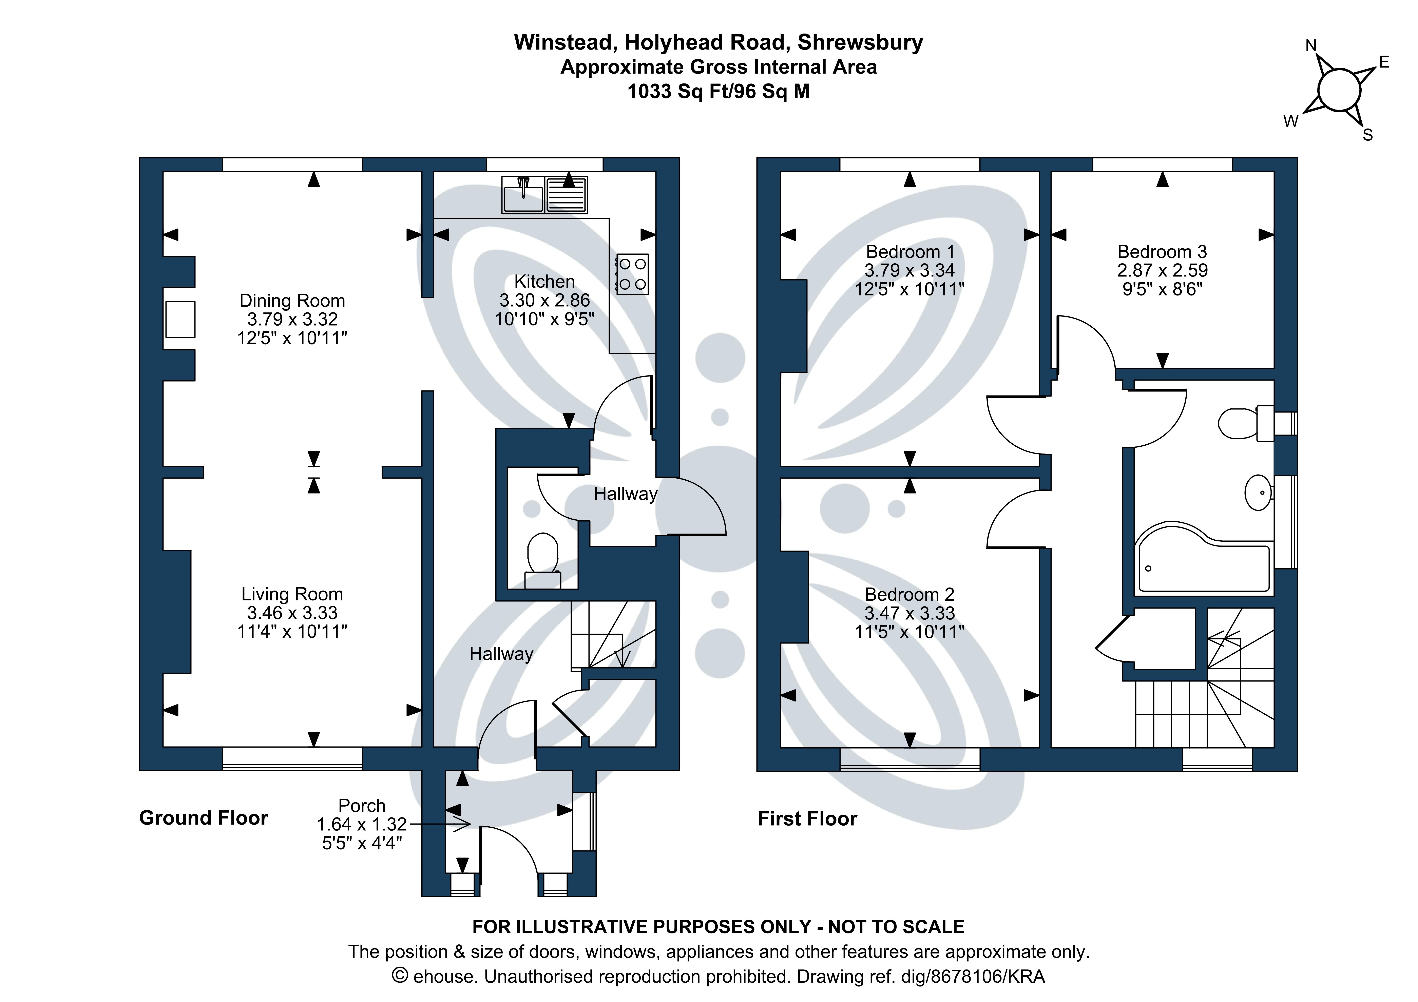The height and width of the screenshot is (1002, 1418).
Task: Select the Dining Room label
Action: pyautogui.click(x=292, y=301)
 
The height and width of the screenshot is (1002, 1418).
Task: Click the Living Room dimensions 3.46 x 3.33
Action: pyautogui.click(x=292, y=613)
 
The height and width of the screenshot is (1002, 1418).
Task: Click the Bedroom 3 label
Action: pyautogui.click(x=1162, y=252)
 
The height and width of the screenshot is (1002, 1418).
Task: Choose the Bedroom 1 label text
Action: pyautogui.click(x=910, y=252)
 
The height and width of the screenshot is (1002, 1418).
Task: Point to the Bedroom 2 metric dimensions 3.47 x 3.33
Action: pyautogui.click(x=910, y=613)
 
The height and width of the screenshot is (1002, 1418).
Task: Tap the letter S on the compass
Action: pyautogui.click(x=1367, y=135)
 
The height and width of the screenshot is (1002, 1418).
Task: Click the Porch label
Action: pyautogui.click(x=362, y=806)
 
